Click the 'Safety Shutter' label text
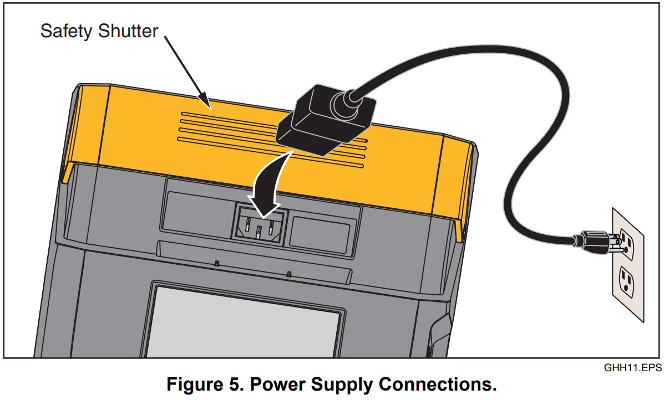(99, 31)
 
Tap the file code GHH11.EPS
(632, 367)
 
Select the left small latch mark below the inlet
(217, 264)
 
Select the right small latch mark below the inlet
(288, 274)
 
